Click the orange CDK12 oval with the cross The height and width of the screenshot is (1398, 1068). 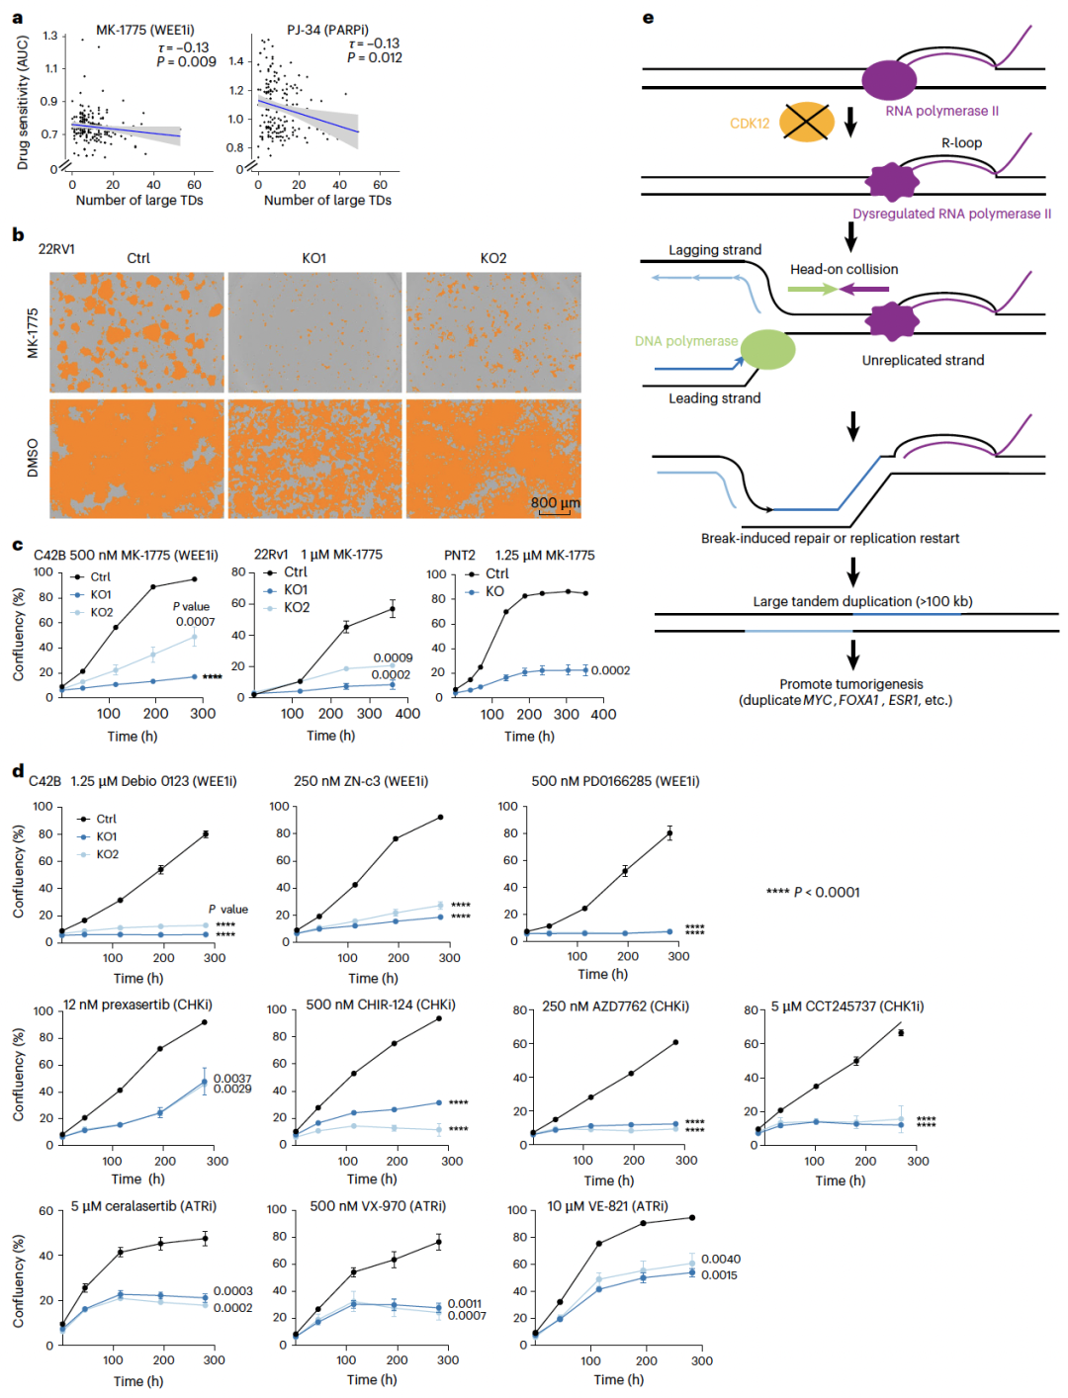(x=806, y=122)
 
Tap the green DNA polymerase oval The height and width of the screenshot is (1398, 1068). (x=766, y=349)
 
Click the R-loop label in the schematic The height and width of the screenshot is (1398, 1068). (x=961, y=142)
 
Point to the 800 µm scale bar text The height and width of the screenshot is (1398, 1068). (x=555, y=502)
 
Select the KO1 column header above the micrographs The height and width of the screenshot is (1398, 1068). (x=313, y=258)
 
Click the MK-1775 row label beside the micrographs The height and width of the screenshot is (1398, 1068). (x=33, y=332)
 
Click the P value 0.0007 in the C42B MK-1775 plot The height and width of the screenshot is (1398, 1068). (x=196, y=621)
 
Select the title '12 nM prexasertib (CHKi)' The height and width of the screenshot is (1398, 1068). (x=137, y=1005)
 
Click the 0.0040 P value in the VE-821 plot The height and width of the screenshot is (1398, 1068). (x=720, y=1259)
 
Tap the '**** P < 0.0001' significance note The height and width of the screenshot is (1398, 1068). (x=813, y=892)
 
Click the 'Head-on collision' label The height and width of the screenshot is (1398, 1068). (x=844, y=269)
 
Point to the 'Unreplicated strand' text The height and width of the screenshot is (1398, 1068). (x=923, y=360)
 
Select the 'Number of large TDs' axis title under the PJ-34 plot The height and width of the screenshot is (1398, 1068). (x=327, y=200)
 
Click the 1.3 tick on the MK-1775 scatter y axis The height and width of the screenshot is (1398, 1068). (x=50, y=36)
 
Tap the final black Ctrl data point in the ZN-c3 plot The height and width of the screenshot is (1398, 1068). (x=441, y=817)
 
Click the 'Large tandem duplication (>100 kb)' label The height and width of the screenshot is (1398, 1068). (x=862, y=601)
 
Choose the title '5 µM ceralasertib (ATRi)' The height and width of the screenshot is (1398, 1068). (x=143, y=1205)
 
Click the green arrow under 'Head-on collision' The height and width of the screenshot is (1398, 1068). (x=813, y=289)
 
